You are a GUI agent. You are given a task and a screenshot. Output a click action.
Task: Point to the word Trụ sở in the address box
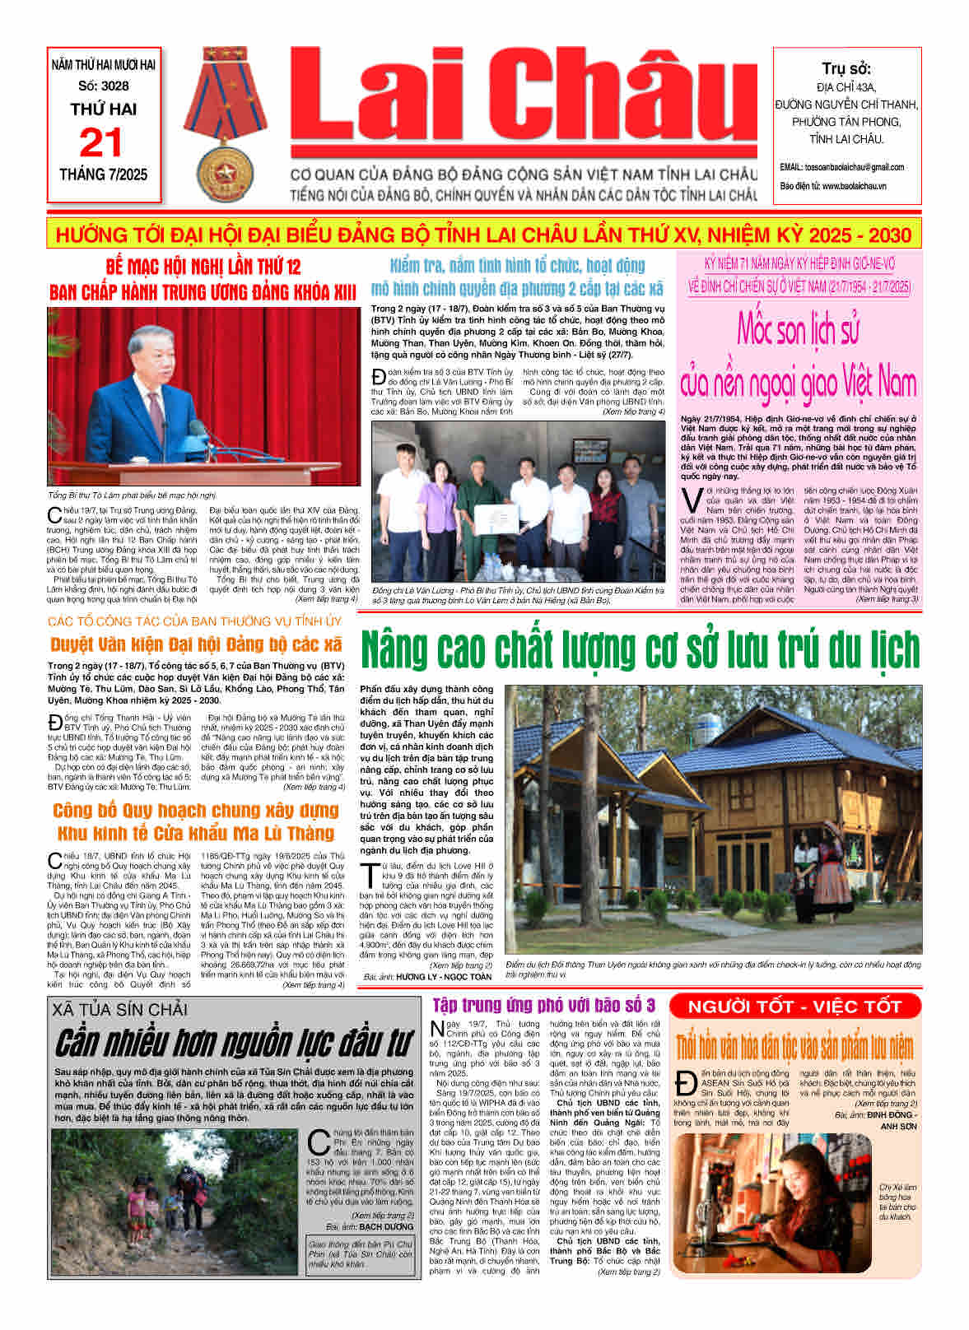(x=846, y=69)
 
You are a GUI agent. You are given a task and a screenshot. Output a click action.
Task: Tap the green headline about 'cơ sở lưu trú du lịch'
(x=640, y=650)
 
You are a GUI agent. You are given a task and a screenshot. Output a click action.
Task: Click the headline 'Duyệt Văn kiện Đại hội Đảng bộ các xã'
(x=196, y=644)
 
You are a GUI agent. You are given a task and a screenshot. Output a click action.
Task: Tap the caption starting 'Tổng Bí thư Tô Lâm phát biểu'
(x=132, y=495)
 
